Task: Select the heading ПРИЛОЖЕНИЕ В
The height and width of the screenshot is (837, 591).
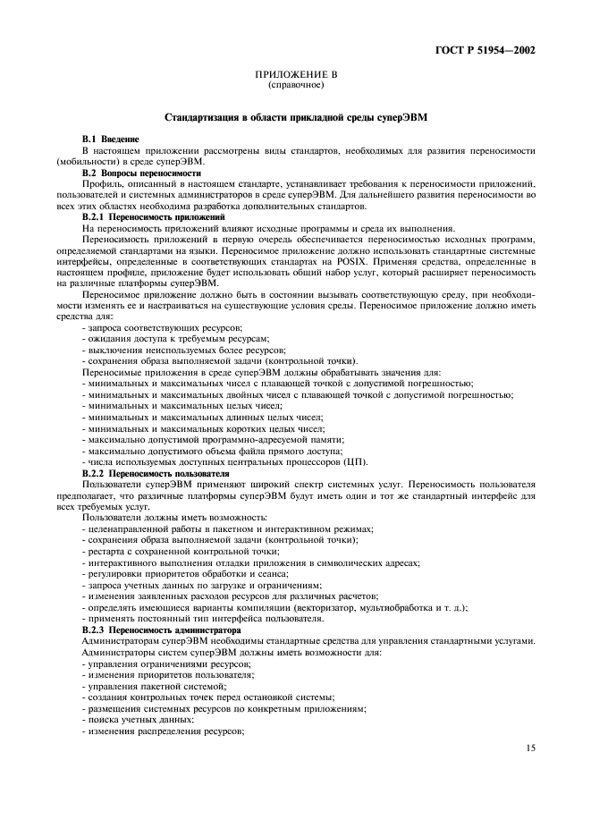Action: pyautogui.click(x=295, y=78)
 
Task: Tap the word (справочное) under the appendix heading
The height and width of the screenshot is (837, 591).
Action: pyautogui.click(x=295, y=87)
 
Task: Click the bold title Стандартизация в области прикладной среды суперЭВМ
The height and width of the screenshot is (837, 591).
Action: pyautogui.click(x=295, y=118)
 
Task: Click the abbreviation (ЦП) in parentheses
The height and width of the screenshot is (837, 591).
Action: pyautogui.click(x=356, y=461)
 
